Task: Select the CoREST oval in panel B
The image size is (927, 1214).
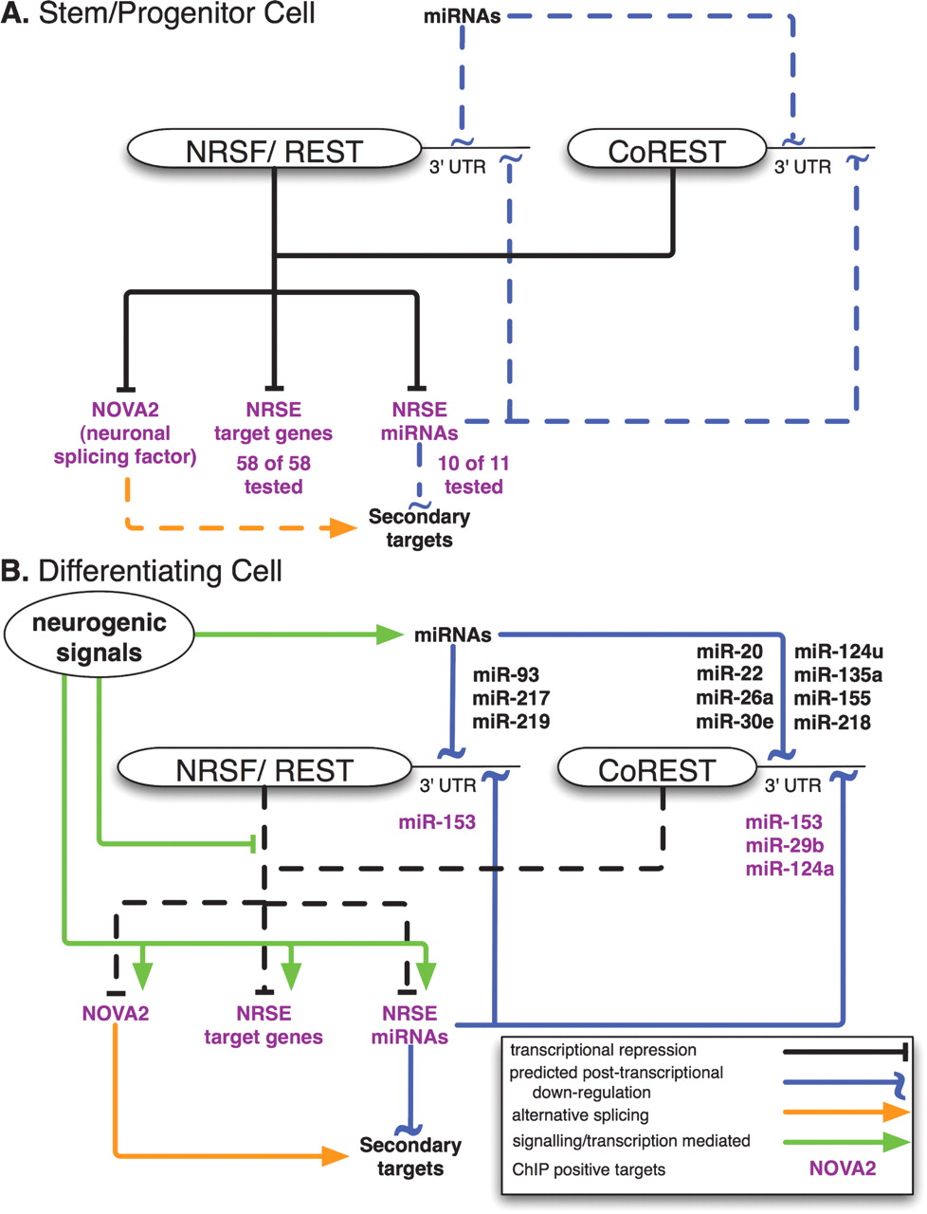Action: pyautogui.click(x=656, y=770)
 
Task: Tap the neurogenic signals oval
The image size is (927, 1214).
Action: pyautogui.click(x=99, y=637)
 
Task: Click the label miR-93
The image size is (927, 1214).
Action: pyautogui.click(x=505, y=675)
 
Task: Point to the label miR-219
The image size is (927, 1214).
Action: pyautogui.click(x=511, y=721)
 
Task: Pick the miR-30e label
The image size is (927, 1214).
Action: pyautogui.click(x=735, y=722)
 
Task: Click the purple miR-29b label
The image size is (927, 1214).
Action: pyautogui.click(x=783, y=845)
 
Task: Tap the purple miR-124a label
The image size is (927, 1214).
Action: pyautogui.click(x=790, y=868)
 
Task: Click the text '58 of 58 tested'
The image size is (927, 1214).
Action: pyautogui.click(x=274, y=475)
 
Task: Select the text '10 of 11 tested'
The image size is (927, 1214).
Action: pyautogui.click(x=473, y=475)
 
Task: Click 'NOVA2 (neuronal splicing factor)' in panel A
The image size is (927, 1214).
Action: pyautogui.click(x=125, y=433)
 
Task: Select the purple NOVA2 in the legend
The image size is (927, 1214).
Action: pyautogui.click(x=842, y=1168)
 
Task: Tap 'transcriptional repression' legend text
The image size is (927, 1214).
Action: pyautogui.click(x=603, y=1050)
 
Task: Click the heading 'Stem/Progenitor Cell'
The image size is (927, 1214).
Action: pyautogui.click(x=176, y=14)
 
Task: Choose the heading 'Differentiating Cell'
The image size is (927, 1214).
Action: pyautogui.click(x=159, y=571)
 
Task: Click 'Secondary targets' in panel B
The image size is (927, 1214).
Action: pyautogui.click(x=409, y=1157)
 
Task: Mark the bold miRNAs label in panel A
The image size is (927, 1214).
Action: pyautogui.click(x=463, y=16)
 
